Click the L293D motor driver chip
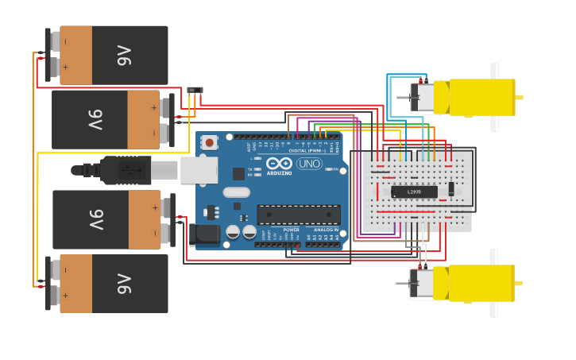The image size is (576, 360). tap(414, 192)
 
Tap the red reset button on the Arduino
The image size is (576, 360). tap(209, 142)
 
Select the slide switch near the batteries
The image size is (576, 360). tap(195, 91)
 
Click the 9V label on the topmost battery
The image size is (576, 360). tap(122, 55)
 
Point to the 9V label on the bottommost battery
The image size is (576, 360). tap(122, 284)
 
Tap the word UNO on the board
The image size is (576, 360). tap(309, 164)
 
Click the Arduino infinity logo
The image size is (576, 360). tap(280, 164)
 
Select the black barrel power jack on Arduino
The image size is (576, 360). tap(206, 234)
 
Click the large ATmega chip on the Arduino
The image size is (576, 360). tap(298, 215)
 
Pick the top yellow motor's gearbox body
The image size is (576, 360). tap(481, 97)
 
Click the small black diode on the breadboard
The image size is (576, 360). tap(451, 189)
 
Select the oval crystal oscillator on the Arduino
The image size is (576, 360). tap(236, 192)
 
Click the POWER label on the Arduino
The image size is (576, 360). tap(291, 230)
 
